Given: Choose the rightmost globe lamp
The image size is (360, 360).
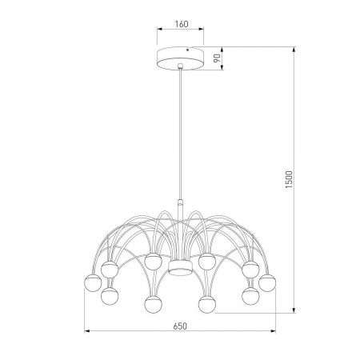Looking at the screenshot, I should [x=268, y=282].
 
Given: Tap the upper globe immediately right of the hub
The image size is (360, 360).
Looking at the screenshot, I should [x=207, y=260].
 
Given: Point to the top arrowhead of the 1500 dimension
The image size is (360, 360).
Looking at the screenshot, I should [x=296, y=48].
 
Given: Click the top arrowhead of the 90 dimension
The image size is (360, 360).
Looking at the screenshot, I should [x=218, y=48].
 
